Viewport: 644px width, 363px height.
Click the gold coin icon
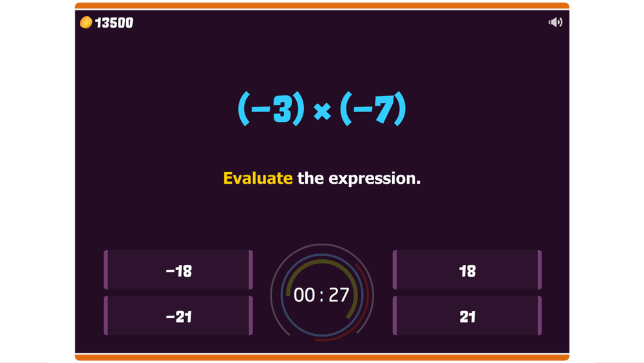86,22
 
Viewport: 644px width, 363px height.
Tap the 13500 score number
114,23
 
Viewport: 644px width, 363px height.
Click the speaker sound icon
555,22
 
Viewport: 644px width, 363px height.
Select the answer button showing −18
178,270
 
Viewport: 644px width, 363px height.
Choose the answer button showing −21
178,315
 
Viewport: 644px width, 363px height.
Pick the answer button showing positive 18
467,270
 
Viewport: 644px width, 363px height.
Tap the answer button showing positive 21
467,315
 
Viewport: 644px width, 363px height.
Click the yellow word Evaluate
258,179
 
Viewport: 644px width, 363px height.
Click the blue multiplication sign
323,111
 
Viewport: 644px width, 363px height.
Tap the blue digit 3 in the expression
283,109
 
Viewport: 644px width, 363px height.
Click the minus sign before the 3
261,109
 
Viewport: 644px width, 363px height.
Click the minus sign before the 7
363,109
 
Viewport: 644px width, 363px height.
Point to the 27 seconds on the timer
339,295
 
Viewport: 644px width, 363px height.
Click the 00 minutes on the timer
305,295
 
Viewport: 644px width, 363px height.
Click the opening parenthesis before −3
244,108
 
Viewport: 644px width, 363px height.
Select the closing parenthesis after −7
400,108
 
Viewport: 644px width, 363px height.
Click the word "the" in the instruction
310,179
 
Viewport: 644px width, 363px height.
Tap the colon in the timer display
321,296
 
